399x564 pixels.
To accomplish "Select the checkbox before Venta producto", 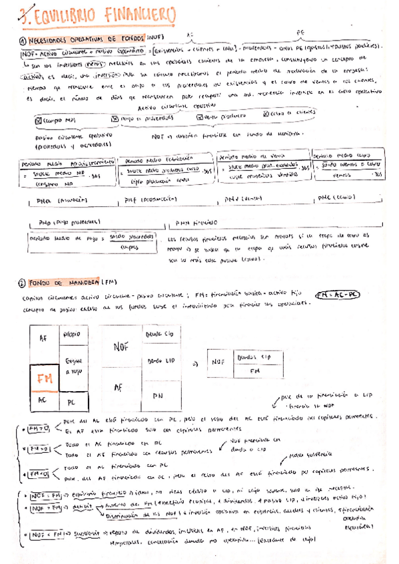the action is pos(200,117).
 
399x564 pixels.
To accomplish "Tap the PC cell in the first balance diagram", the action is pos(73,402).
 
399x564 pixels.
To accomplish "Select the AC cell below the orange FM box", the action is pos(42,402).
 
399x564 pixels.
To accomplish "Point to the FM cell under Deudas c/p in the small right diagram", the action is pos(254,371).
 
